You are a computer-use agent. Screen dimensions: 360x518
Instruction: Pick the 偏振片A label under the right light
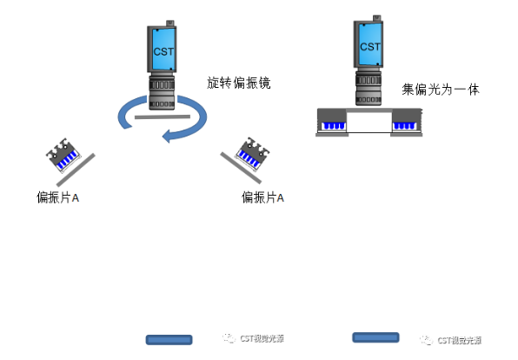coord(262,198)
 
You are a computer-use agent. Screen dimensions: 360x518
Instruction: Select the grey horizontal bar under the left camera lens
coord(162,116)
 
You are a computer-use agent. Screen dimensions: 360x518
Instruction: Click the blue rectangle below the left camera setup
coord(169,339)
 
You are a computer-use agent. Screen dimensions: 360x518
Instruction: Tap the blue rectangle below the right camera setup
coord(375,337)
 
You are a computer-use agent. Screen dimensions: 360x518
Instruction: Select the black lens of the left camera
coord(162,91)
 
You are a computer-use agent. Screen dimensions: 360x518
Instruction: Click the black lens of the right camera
coord(370,86)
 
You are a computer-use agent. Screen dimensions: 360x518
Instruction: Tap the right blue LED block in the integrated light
coord(405,126)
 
